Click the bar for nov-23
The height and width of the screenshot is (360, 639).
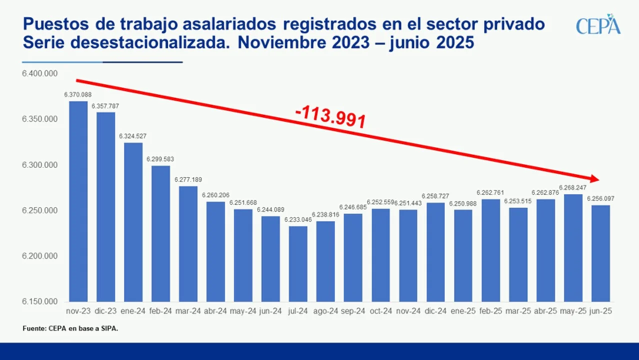[x=78, y=201]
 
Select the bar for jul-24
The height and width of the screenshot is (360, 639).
[x=298, y=263]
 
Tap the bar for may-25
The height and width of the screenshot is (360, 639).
[x=573, y=247]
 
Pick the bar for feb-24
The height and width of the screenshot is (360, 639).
[x=160, y=233]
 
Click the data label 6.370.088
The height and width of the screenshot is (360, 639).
[x=78, y=94]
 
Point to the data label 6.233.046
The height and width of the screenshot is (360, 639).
[x=298, y=219]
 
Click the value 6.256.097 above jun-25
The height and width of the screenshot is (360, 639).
[x=601, y=198]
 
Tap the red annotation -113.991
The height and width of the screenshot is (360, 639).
[x=330, y=118]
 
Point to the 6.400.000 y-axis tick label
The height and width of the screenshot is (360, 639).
[x=39, y=73]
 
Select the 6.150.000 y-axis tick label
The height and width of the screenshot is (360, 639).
[x=39, y=301]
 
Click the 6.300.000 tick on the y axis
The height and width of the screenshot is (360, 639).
[x=39, y=165]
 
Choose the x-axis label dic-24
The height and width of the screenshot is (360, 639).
[x=435, y=311]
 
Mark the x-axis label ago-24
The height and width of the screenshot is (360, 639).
[x=325, y=311]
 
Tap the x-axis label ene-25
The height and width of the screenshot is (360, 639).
[x=463, y=311]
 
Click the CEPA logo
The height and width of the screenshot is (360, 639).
[x=598, y=24]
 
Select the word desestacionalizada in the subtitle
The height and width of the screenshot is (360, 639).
[x=150, y=42]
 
